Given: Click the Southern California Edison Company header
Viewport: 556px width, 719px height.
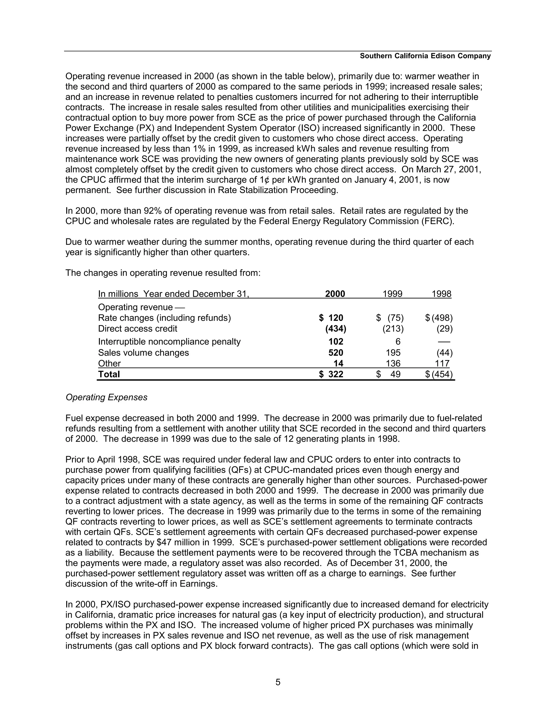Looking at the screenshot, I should click(425, 56).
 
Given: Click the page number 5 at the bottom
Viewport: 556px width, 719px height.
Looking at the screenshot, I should click(278, 682).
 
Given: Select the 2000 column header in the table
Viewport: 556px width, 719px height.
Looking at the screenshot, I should click(335, 294).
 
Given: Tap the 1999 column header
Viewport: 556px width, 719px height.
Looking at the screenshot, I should click(392, 294).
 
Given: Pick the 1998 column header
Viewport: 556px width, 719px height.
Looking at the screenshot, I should click(441, 294).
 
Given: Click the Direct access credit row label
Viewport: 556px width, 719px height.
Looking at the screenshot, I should click(137, 329).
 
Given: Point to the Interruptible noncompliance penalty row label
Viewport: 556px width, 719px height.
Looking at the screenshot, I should click(169, 341).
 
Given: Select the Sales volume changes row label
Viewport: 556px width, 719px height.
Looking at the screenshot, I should click(143, 353).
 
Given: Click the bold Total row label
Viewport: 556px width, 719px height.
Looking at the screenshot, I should click(109, 374).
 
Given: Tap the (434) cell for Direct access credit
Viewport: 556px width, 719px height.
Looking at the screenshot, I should click(336, 329).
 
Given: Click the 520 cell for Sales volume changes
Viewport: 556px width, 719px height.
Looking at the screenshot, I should click(336, 353).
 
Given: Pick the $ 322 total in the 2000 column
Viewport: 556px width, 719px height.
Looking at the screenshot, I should click(331, 374).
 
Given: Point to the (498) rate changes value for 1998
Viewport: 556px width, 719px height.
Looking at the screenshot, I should click(442, 318).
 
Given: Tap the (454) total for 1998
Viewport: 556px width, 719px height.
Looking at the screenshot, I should click(442, 374).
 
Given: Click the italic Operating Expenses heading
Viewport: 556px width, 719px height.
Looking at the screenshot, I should click(106, 397).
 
